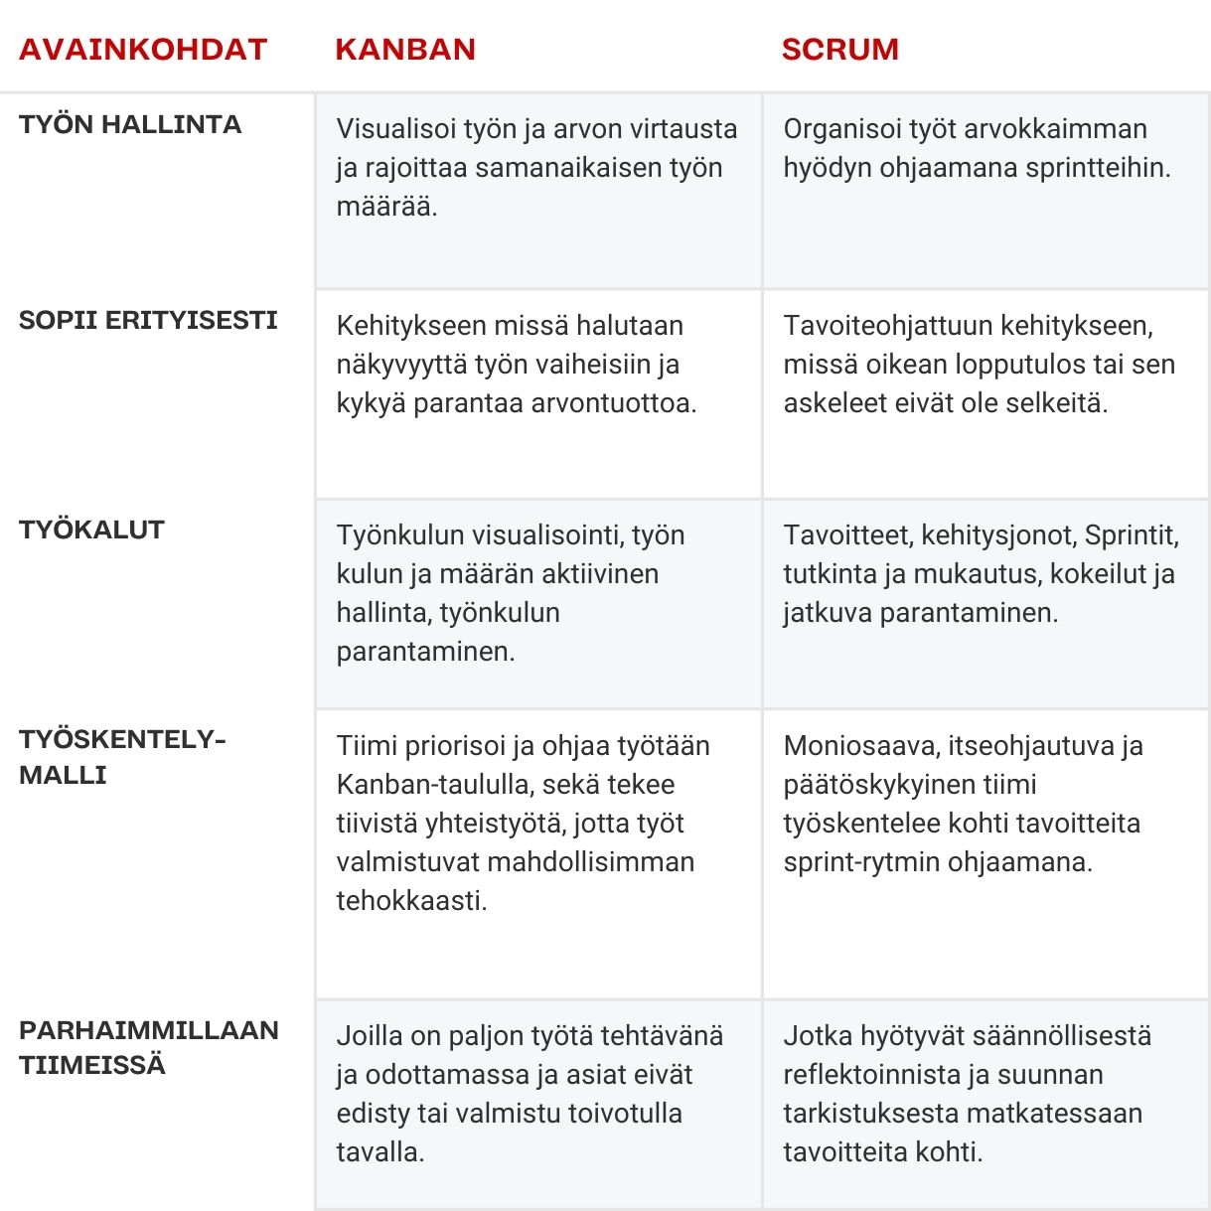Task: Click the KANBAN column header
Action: [405, 50]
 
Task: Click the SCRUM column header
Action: [839, 50]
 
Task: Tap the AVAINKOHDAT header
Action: [143, 50]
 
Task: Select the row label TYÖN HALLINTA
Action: [130, 124]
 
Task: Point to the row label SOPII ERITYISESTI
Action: [148, 320]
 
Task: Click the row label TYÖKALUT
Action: [91, 530]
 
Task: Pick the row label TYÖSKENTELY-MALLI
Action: [122, 757]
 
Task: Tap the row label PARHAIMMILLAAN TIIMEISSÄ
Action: [148, 1047]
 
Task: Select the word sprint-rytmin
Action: [861, 862]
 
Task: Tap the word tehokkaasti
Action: [411, 901]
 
